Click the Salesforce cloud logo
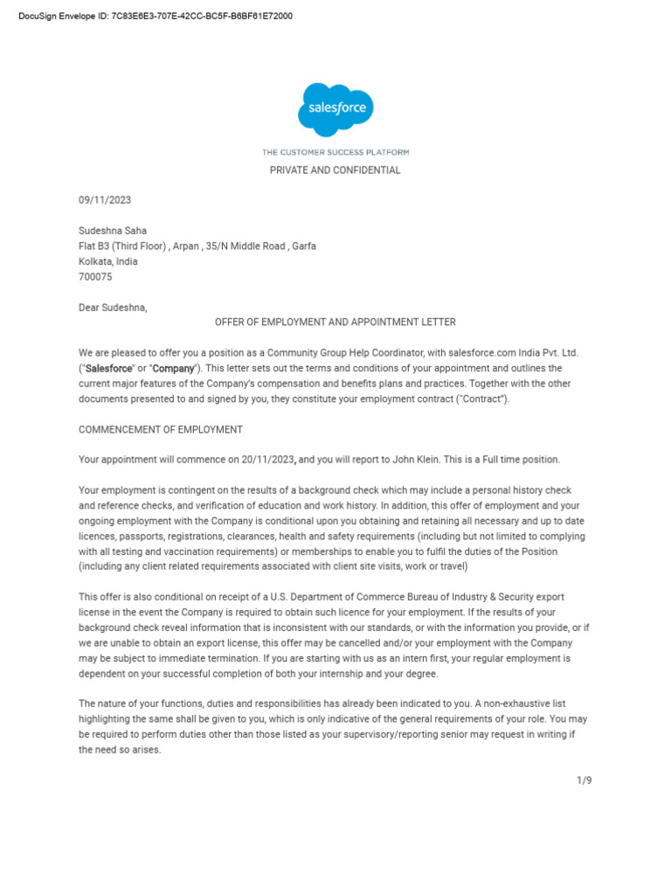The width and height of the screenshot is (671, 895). (335, 109)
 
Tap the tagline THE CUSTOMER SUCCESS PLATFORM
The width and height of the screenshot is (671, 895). (335, 152)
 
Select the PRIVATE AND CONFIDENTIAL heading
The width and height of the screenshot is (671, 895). (335, 170)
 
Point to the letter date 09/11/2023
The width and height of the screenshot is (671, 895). (105, 200)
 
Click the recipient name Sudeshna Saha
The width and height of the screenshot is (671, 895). (113, 231)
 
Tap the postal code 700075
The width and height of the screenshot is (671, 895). (95, 277)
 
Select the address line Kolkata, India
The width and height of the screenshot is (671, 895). (108, 261)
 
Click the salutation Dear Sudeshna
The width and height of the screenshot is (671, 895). (114, 308)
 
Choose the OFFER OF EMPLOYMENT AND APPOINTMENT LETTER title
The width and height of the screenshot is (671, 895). (335, 323)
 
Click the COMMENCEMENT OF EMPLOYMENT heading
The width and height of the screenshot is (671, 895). (161, 430)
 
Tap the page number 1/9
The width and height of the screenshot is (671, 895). (585, 781)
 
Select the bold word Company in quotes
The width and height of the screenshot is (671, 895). (173, 369)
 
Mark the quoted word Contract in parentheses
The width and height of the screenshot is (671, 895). (480, 399)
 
